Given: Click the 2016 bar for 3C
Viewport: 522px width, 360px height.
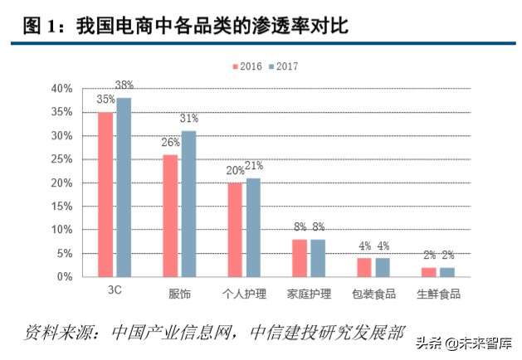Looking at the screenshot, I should [106, 194].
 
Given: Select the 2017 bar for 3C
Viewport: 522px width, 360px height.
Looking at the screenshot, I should [124, 187].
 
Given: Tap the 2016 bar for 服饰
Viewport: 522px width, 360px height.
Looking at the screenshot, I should [170, 216].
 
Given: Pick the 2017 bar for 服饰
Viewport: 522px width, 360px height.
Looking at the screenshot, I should [188, 203].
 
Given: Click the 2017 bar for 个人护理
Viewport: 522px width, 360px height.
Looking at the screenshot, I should [253, 227].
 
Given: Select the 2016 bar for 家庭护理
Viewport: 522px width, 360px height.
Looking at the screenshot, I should [300, 257].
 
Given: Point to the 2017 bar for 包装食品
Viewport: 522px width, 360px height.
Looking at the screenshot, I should [382, 267].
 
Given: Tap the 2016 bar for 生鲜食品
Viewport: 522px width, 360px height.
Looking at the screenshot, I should [428, 271].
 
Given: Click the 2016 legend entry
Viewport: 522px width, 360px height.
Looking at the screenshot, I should [246, 66].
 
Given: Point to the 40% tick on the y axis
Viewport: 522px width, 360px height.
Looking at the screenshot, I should [62, 89].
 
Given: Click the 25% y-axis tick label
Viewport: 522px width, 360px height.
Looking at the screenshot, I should [62, 159].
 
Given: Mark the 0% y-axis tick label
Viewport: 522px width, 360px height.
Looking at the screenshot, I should [66, 276].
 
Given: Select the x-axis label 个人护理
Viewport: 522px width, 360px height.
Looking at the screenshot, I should [244, 294].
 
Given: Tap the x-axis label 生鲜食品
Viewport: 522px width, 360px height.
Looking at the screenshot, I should [437, 294].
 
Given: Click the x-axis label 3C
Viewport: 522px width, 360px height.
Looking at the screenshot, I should [115, 294].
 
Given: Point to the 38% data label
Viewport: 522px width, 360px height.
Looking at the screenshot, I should [124, 85].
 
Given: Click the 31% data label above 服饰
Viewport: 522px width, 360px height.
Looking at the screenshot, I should [188, 119].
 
